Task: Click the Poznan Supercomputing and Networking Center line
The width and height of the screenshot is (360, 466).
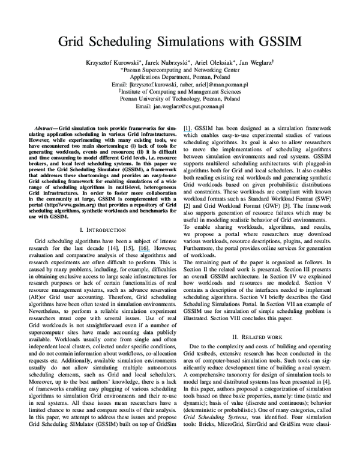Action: point(180,70)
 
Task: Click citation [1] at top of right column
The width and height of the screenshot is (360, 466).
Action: point(188,129)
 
